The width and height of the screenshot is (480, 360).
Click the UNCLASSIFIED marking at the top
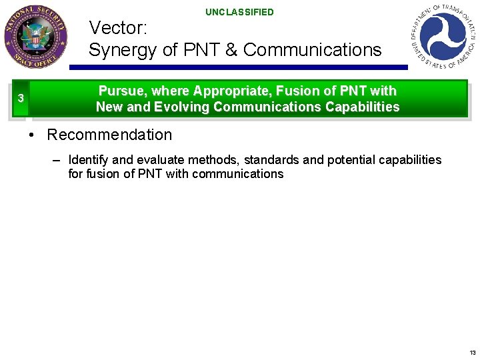239,12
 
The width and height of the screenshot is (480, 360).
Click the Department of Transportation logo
444,35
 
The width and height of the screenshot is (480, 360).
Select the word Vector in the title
117,28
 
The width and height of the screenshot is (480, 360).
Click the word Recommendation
109,135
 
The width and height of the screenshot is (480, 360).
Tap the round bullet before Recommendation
31,135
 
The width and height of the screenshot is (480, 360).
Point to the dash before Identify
56,160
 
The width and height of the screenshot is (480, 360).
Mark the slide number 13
472,352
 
